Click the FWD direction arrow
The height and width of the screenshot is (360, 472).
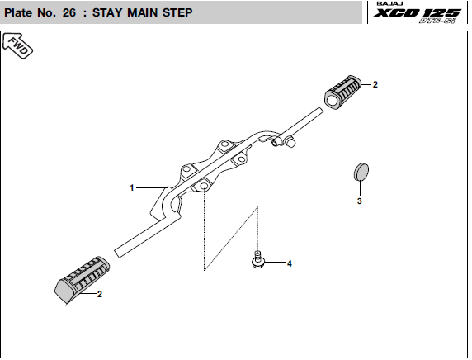click(x=17, y=45)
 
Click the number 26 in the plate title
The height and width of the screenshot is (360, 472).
click(x=69, y=12)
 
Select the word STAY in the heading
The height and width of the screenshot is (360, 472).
click(x=107, y=12)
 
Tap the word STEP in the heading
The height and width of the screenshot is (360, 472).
click(x=177, y=12)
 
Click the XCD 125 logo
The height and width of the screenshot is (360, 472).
click(x=418, y=13)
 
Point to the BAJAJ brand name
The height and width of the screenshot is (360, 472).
click(x=389, y=3)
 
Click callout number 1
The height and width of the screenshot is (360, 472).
click(x=131, y=187)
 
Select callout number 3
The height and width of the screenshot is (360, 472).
click(x=360, y=201)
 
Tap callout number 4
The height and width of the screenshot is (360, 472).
click(x=290, y=263)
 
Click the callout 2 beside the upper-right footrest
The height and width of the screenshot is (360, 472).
click(x=375, y=85)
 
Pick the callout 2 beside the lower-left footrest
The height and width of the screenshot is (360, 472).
click(x=100, y=294)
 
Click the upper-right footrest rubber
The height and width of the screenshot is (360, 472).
click(x=342, y=92)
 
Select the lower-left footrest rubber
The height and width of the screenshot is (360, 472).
click(x=82, y=280)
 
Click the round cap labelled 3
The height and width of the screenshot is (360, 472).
click(x=361, y=172)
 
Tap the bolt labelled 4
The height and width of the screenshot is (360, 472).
click(x=258, y=260)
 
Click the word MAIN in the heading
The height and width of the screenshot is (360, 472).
click(x=143, y=12)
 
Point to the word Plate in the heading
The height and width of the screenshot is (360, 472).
click(x=18, y=12)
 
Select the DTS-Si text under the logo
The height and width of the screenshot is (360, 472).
click(x=437, y=21)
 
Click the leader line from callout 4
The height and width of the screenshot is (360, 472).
click(x=275, y=263)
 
